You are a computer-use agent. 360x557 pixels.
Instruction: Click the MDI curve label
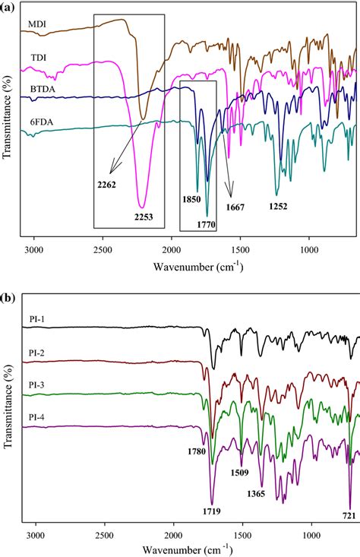coord(38,23)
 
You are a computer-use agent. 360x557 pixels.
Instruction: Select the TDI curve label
coord(37,58)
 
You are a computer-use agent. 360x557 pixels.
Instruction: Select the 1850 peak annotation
coord(191,200)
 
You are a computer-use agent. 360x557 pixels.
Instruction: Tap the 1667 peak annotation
coord(238,206)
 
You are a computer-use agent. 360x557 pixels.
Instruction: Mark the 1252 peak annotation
coord(279,205)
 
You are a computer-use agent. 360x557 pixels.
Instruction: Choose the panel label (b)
coord(8,297)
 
